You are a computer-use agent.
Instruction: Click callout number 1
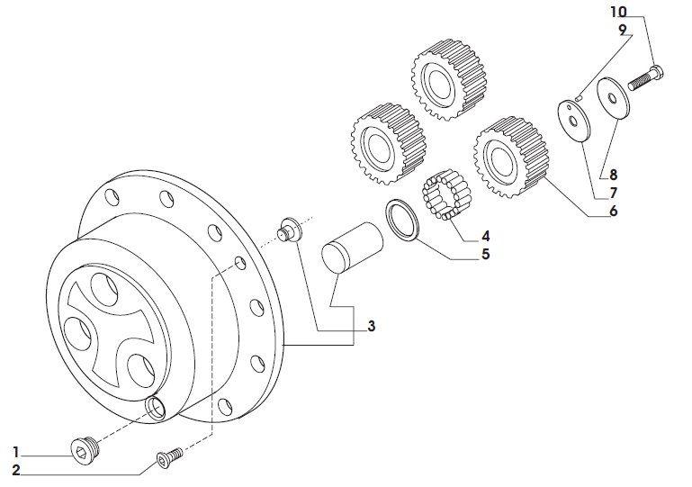(x=16, y=453)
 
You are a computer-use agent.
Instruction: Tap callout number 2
(x=16, y=471)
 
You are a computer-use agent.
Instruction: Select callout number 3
(x=371, y=326)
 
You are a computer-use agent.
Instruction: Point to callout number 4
(x=485, y=236)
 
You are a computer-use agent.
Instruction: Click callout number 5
(x=485, y=255)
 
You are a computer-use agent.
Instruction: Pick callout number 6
(x=614, y=212)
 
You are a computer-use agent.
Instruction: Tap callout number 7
(x=614, y=194)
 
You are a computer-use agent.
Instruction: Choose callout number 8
(x=614, y=176)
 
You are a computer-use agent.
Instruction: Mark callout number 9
(x=623, y=30)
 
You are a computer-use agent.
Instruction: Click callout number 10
(x=618, y=12)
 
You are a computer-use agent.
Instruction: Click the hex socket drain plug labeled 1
(x=85, y=449)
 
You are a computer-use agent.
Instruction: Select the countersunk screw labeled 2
(x=169, y=458)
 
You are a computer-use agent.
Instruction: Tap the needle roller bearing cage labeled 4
(x=446, y=194)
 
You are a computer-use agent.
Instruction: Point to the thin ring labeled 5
(x=402, y=220)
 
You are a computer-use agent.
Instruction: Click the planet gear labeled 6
(x=510, y=158)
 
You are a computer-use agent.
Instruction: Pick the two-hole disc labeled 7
(x=574, y=121)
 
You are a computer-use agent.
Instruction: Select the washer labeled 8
(x=613, y=98)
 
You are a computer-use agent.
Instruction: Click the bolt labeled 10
(x=646, y=77)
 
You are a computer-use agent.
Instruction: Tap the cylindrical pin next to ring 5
(x=352, y=246)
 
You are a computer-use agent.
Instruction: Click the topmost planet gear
(x=448, y=79)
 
